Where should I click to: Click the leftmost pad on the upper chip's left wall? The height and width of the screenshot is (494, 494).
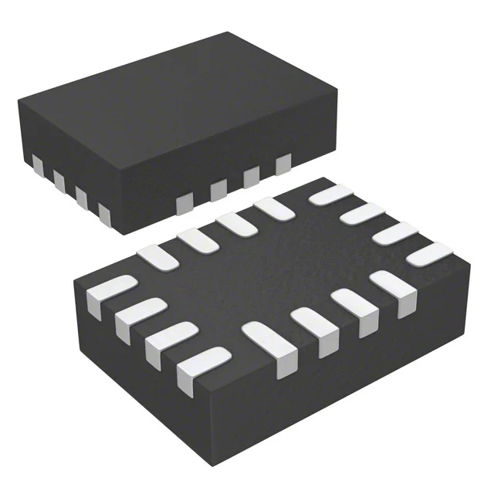coord(36,164)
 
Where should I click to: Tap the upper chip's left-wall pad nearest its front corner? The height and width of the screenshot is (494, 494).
coord(103,212)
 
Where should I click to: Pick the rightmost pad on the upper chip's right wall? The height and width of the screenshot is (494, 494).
coord(283,162)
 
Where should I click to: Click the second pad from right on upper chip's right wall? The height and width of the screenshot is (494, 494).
coord(251,177)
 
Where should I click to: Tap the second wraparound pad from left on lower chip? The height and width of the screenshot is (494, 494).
coord(131,318)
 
